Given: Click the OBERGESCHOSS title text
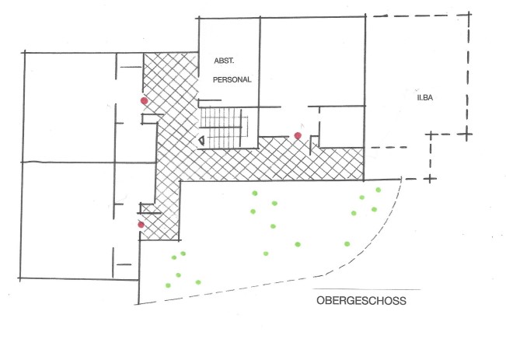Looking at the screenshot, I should (361, 299).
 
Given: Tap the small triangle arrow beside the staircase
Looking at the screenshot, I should (202, 140).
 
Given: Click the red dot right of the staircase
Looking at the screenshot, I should (298, 136).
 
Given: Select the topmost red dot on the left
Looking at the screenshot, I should (144, 101).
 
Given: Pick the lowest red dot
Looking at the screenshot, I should (141, 225).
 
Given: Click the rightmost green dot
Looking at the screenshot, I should (379, 190).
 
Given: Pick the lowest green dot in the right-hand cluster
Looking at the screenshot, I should (347, 243).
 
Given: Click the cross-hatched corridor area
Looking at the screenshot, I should (256, 159).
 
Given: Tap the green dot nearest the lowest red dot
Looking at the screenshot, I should (173, 257).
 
